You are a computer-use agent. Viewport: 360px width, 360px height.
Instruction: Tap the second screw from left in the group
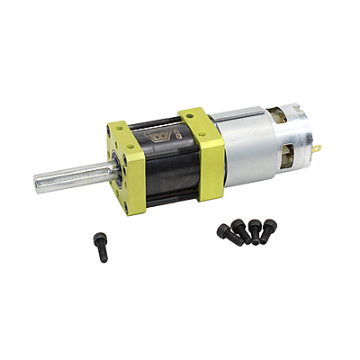point(241,229)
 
